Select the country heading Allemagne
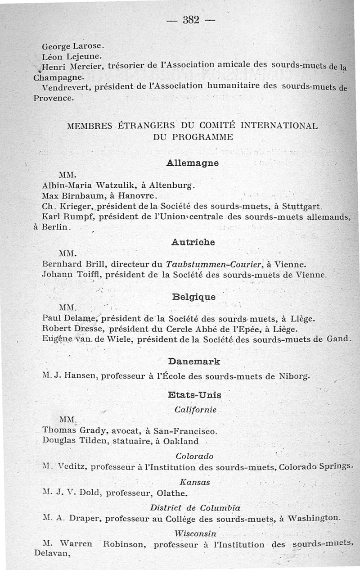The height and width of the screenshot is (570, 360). [x=193, y=163]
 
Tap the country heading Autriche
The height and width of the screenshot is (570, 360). [x=193, y=242]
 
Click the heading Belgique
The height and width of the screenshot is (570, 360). [x=193, y=297]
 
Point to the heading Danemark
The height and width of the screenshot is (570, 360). [x=193, y=362]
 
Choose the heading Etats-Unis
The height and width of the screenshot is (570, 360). [x=194, y=395]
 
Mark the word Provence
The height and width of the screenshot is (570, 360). [x=53, y=98]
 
